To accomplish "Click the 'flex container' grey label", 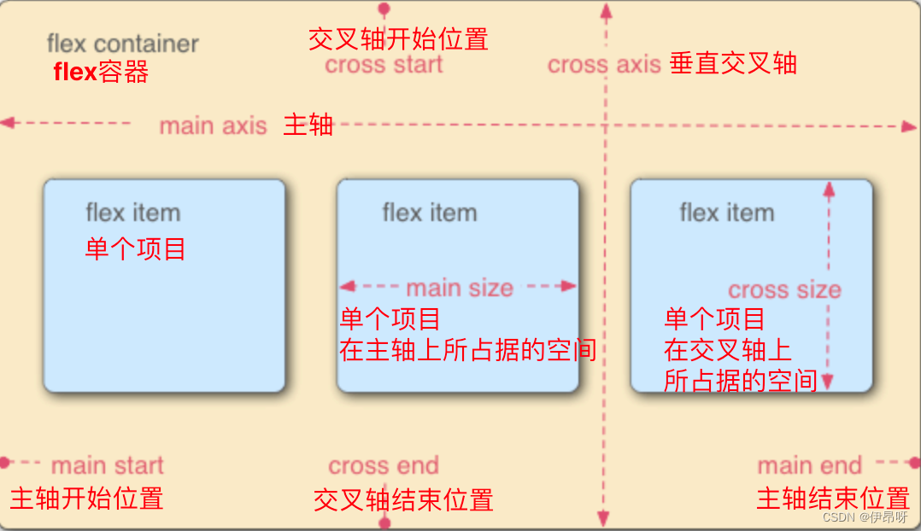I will (x=122, y=44).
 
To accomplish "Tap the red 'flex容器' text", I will (x=101, y=73).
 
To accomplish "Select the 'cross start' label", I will (x=384, y=65).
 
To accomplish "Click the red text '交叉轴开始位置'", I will (x=397, y=39).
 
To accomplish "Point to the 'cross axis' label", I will (x=604, y=65).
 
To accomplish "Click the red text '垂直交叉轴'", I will (x=733, y=64).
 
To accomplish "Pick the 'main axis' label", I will (x=213, y=126).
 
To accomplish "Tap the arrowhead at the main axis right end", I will (x=909, y=126).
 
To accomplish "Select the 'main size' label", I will (x=459, y=289).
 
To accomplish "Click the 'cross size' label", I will (x=784, y=290).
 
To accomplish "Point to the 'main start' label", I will (x=107, y=466).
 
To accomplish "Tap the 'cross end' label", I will (x=384, y=466).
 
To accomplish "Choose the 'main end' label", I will (x=809, y=466).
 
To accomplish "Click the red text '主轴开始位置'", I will (x=86, y=499).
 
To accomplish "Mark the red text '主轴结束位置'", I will (x=832, y=499).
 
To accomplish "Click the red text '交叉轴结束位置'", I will (x=403, y=500).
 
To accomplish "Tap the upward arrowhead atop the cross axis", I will (x=606, y=10).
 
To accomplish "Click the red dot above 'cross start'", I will (x=384, y=9).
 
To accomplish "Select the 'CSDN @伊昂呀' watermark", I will (x=866, y=517).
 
